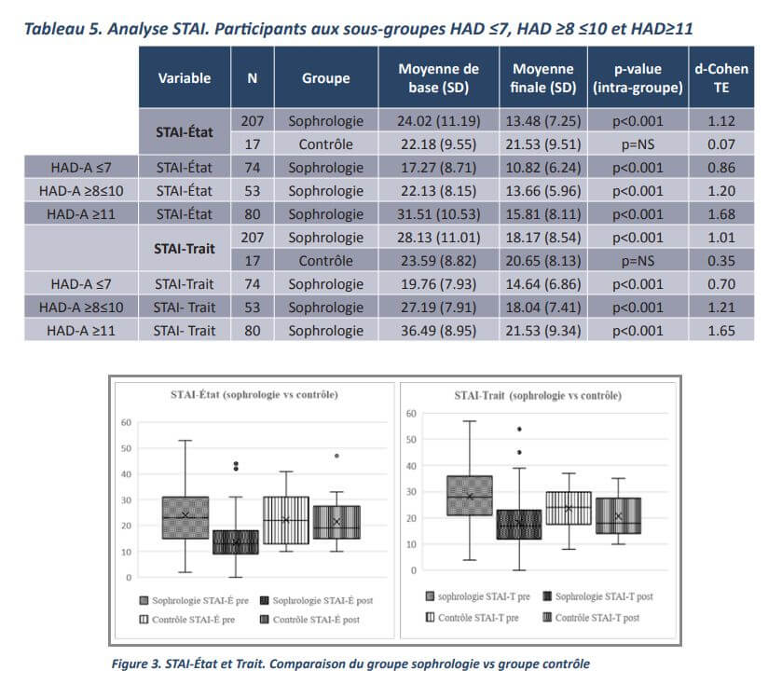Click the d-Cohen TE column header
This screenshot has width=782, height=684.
[721, 78]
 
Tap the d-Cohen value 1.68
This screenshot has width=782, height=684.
[721, 214]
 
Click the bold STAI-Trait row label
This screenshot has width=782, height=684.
[185, 249]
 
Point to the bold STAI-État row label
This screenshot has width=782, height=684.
[185, 132]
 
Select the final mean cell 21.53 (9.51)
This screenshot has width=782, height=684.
[545, 144]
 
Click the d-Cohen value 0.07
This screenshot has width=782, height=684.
[721, 144]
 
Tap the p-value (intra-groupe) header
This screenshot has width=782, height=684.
[638, 78]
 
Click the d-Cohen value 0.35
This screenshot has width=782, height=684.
[721, 261]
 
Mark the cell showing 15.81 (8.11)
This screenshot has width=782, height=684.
[545, 214]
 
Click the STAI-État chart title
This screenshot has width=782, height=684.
[254, 395]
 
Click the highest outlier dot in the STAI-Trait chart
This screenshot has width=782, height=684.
[519, 430]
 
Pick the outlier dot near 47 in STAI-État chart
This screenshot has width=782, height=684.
[336, 457]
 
